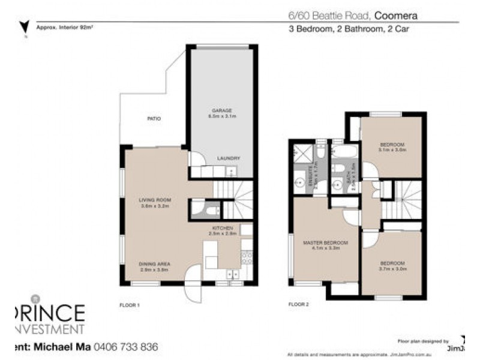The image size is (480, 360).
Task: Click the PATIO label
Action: (x=154, y=119)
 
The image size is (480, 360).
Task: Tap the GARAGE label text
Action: (x=221, y=110)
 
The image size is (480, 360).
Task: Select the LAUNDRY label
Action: (x=229, y=158)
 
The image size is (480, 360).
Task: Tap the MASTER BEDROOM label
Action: (x=322, y=242)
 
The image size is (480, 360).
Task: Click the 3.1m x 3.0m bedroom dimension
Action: (x=392, y=151)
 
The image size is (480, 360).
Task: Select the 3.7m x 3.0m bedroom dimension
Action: (x=392, y=269)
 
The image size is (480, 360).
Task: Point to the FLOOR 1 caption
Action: (x=129, y=305)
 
